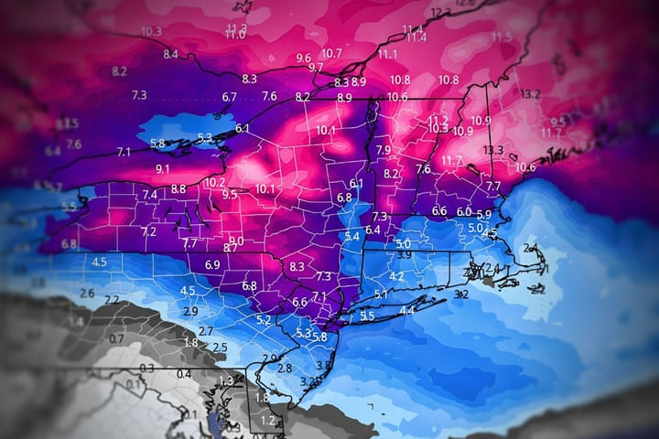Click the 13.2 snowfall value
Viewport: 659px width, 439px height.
click(x=530, y=94)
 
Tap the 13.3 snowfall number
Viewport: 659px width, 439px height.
click(x=494, y=150)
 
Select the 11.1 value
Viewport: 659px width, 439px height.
click(x=388, y=55)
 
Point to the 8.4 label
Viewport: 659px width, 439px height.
click(x=171, y=55)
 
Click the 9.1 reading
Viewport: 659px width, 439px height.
click(x=163, y=169)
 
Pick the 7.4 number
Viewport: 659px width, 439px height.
click(x=149, y=195)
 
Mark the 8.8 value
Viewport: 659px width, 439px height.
click(x=178, y=189)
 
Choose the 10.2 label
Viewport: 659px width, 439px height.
click(x=214, y=183)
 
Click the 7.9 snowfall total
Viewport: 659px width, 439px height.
click(x=384, y=150)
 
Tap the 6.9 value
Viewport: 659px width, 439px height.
click(x=212, y=264)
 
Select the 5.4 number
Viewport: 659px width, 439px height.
click(x=352, y=237)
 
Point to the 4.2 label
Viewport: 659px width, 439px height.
click(x=396, y=276)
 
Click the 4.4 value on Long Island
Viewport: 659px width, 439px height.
click(x=406, y=311)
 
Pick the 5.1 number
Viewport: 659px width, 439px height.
click(x=381, y=294)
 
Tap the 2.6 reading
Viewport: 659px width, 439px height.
click(x=87, y=293)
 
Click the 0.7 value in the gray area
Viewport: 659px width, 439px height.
click(x=116, y=338)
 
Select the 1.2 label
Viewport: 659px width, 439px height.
click(x=267, y=420)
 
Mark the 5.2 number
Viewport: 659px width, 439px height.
click(x=264, y=320)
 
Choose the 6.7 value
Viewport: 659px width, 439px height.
click(x=229, y=97)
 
